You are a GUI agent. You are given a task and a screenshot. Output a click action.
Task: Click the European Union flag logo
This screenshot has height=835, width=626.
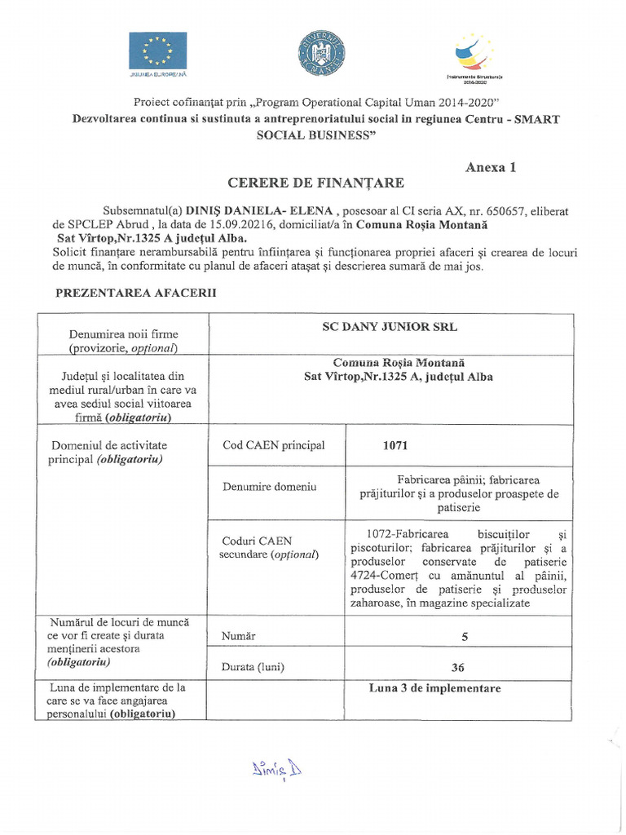click(x=157, y=51)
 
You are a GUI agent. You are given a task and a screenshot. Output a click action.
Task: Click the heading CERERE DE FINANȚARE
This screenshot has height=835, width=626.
click(x=315, y=182)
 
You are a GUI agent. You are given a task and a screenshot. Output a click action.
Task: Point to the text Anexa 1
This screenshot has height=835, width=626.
click(x=491, y=168)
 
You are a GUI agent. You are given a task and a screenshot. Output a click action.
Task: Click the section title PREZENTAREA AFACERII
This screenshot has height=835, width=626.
click(x=134, y=293)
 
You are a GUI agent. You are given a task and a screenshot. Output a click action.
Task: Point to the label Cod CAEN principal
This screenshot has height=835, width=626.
click(x=273, y=445)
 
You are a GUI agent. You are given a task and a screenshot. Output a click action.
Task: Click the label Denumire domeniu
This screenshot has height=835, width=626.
click(x=269, y=487)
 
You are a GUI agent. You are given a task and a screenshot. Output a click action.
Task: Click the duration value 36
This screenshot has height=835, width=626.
click(x=457, y=667)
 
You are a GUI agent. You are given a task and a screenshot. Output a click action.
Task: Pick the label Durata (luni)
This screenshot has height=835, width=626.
click(x=253, y=667)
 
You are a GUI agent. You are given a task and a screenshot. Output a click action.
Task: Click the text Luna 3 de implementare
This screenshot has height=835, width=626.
click(x=434, y=688)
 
